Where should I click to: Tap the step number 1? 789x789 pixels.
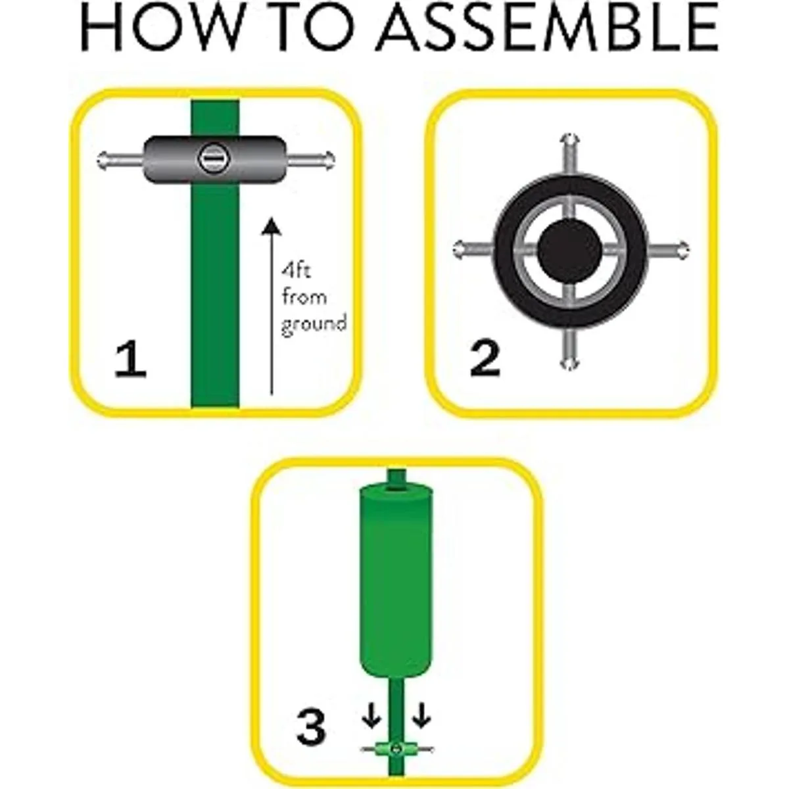[x=130, y=361]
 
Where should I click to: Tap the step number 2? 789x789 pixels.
[x=485, y=360]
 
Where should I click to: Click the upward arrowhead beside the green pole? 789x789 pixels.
[x=271, y=227]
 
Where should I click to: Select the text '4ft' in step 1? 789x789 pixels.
[x=296, y=271]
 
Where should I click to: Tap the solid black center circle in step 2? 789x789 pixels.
[x=569, y=250]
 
